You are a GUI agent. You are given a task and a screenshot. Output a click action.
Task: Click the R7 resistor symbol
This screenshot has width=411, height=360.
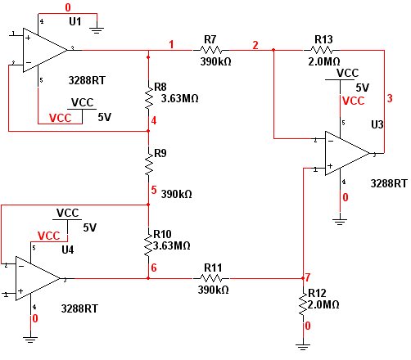[211, 50]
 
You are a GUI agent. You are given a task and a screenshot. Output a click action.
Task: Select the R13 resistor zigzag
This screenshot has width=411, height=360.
[322, 50]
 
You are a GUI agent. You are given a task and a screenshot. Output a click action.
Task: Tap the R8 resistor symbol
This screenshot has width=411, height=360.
[148, 98]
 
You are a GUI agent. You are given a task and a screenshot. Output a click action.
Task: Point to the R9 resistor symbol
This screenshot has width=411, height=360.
[148, 164]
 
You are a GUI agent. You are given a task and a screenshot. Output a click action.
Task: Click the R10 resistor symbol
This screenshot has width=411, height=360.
[148, 245]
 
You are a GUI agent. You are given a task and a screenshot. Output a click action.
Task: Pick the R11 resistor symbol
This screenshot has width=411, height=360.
[211, 278]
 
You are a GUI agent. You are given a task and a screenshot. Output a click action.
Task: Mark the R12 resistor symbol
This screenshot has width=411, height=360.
[303, 304]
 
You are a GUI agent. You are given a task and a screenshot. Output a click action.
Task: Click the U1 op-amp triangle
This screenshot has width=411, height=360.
[45, 50]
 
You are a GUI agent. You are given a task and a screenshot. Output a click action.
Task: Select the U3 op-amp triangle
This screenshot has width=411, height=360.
[347, 153]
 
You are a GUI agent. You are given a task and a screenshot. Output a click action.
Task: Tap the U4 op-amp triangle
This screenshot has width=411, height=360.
[38, 278]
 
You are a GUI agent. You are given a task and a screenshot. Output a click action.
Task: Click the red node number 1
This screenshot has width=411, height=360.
[171, 44]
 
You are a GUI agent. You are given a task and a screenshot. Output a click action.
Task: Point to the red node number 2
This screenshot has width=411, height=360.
[255, 45]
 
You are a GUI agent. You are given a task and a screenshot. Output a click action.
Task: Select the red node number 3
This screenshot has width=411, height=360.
[390, 98]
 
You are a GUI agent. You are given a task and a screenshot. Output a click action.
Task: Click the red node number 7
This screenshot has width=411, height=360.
[308, 277]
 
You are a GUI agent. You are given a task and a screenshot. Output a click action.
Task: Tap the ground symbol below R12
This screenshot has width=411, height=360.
[303, 347]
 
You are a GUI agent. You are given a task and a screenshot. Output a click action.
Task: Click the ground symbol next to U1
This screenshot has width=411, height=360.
[97, 30]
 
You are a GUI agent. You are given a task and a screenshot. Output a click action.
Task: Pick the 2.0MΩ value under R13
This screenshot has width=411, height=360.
[324, 61]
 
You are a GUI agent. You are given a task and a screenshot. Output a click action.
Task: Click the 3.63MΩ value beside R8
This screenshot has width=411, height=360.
[179, 98]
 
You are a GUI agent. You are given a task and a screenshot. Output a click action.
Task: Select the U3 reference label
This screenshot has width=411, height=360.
[377, 124]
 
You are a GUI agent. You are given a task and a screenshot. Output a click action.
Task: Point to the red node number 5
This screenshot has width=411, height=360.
[154, 190]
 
